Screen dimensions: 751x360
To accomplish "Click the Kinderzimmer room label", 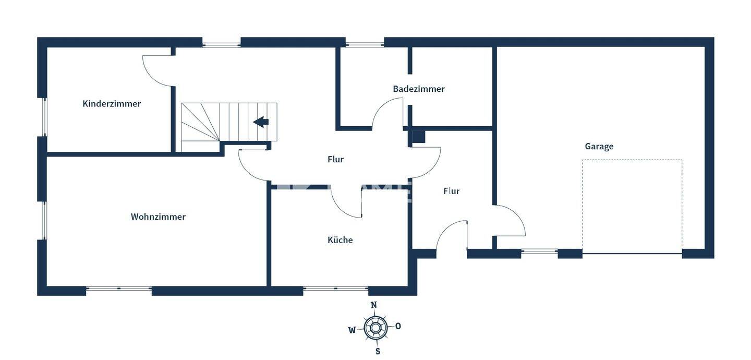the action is (x=112, y=104).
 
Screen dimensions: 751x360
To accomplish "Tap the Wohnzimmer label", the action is (x=158, y=217).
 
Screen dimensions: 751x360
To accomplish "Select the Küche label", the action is (x=340, y=240).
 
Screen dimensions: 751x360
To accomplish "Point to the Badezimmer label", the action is (x=419, y=89).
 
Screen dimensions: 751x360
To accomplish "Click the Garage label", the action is (x=599, y=147).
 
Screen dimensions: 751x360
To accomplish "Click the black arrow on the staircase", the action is (x=261, y=122).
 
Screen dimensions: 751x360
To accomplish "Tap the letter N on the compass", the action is (x=374, y=305).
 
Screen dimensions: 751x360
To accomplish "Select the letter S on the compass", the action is (x=378, y=351).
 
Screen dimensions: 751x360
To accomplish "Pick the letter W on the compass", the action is (x=352, y=330).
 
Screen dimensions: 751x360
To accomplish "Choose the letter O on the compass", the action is (x=398, y=326).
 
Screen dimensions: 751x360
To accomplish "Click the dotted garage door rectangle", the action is (x=632, y=207).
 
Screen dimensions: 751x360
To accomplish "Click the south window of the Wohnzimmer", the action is (x=119, y=288).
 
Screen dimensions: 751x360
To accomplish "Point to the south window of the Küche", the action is (x=336, y=288).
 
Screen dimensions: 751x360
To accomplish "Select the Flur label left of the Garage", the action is (x=452, y=191).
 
